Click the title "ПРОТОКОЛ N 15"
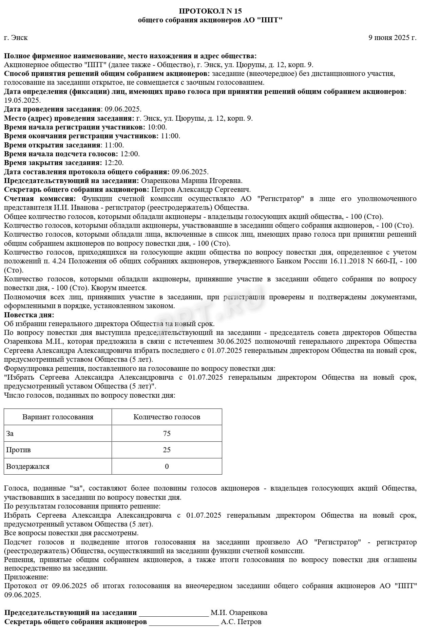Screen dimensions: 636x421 click(x=210, y=11)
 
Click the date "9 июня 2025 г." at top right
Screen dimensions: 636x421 click(x=392, y=38)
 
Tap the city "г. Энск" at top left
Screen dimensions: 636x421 click(x=16, y=38)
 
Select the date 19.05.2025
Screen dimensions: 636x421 click(x=22, y=100)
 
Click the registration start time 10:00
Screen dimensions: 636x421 click(x=157, y=127)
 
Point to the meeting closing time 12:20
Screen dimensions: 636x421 click(x=114, y=163)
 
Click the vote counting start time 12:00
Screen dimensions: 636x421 click(x=130, y=154)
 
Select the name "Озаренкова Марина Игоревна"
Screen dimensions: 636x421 click(x=191, y=181)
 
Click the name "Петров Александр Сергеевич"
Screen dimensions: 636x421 click(x=201, y=190)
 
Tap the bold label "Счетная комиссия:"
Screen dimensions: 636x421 click(x=40, y=199)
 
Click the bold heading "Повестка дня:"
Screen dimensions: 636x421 click(x=29, y=315)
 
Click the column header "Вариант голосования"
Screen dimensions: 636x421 click(x=58, y=417)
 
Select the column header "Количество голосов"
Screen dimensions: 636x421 click(x=167, y=417)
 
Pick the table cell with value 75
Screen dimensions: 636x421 click(x=167, y=434)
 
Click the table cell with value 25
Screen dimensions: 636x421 click(x=167, y=450)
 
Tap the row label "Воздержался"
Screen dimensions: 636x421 click(x=28, y=466)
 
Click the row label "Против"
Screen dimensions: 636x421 click(x=18, y=450)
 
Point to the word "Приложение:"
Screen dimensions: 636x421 click(x=26, y=577)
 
